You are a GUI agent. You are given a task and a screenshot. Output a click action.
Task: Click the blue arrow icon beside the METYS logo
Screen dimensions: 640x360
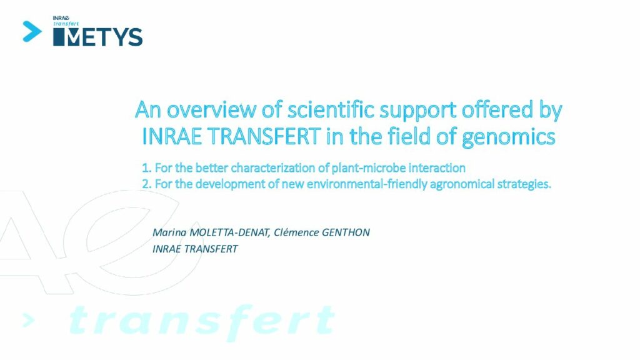[x=32, y=31]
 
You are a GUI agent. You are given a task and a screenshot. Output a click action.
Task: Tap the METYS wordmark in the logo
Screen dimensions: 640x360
[x=98, y=37]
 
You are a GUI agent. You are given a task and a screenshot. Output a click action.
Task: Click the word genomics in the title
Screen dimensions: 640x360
[x=509, y=137]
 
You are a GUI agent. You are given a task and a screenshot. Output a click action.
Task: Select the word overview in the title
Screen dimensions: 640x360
[x=211, y=109]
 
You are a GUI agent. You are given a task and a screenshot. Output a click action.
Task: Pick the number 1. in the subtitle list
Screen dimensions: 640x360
[x=146, y=167]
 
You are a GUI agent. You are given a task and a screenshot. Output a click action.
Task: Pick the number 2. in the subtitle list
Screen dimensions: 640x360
[x=146, y=184]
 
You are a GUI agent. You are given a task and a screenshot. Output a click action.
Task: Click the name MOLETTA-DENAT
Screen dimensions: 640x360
[x=230, y=232]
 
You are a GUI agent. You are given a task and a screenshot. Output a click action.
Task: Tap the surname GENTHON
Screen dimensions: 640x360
[x=346, y=232]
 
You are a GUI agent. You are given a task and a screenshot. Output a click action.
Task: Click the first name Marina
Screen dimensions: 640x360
[x=169, y=232]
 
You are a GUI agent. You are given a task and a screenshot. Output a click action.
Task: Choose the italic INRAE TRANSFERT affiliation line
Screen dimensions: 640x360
[x=195, y=249]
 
